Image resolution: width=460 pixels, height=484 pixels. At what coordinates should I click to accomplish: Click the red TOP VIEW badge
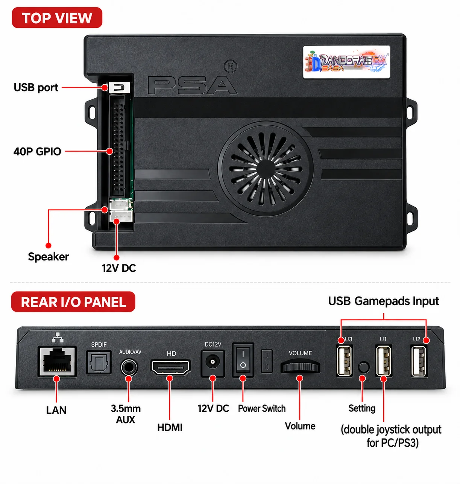click(x=57, y=18)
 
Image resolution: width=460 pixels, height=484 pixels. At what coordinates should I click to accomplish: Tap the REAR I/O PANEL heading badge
click(x=73, y=302)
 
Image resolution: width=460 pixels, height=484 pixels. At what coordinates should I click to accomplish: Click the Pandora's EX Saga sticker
click(x=346, y=62)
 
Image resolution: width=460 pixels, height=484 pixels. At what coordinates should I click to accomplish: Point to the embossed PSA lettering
click(x=192, y=85)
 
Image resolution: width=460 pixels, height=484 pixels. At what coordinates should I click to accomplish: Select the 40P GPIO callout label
click(x=37, y=151)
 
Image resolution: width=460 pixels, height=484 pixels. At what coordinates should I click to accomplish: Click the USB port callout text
click(x=36, y=87)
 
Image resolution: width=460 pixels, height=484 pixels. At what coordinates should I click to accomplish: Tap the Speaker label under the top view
click(x=48, y=257)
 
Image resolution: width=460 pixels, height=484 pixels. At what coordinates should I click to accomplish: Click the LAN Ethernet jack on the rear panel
click(x=57, y=361)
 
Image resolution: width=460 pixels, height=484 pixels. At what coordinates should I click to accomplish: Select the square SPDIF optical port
click(x=99, y=362)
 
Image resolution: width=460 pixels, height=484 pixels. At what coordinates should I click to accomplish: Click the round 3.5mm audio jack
click(x=129, y=367)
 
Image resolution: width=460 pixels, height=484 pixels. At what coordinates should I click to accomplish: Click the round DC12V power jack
click(x=213, y=363)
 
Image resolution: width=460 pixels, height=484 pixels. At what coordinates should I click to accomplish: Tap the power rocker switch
click(x=243, y=360)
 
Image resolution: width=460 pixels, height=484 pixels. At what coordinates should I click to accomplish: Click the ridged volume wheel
click(x=301, y=366)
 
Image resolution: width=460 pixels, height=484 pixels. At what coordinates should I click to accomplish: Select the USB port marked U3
click(x=344, y=361)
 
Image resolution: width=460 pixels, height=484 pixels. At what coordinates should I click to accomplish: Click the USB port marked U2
click(x=419, y=361)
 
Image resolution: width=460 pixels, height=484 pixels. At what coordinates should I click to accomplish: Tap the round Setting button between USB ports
click(x=364, y=367)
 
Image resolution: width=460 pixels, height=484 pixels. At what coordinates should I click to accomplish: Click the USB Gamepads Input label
click(x=383, y=301)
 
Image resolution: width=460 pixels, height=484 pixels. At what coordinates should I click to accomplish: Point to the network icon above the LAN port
click(x=58, y=337)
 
